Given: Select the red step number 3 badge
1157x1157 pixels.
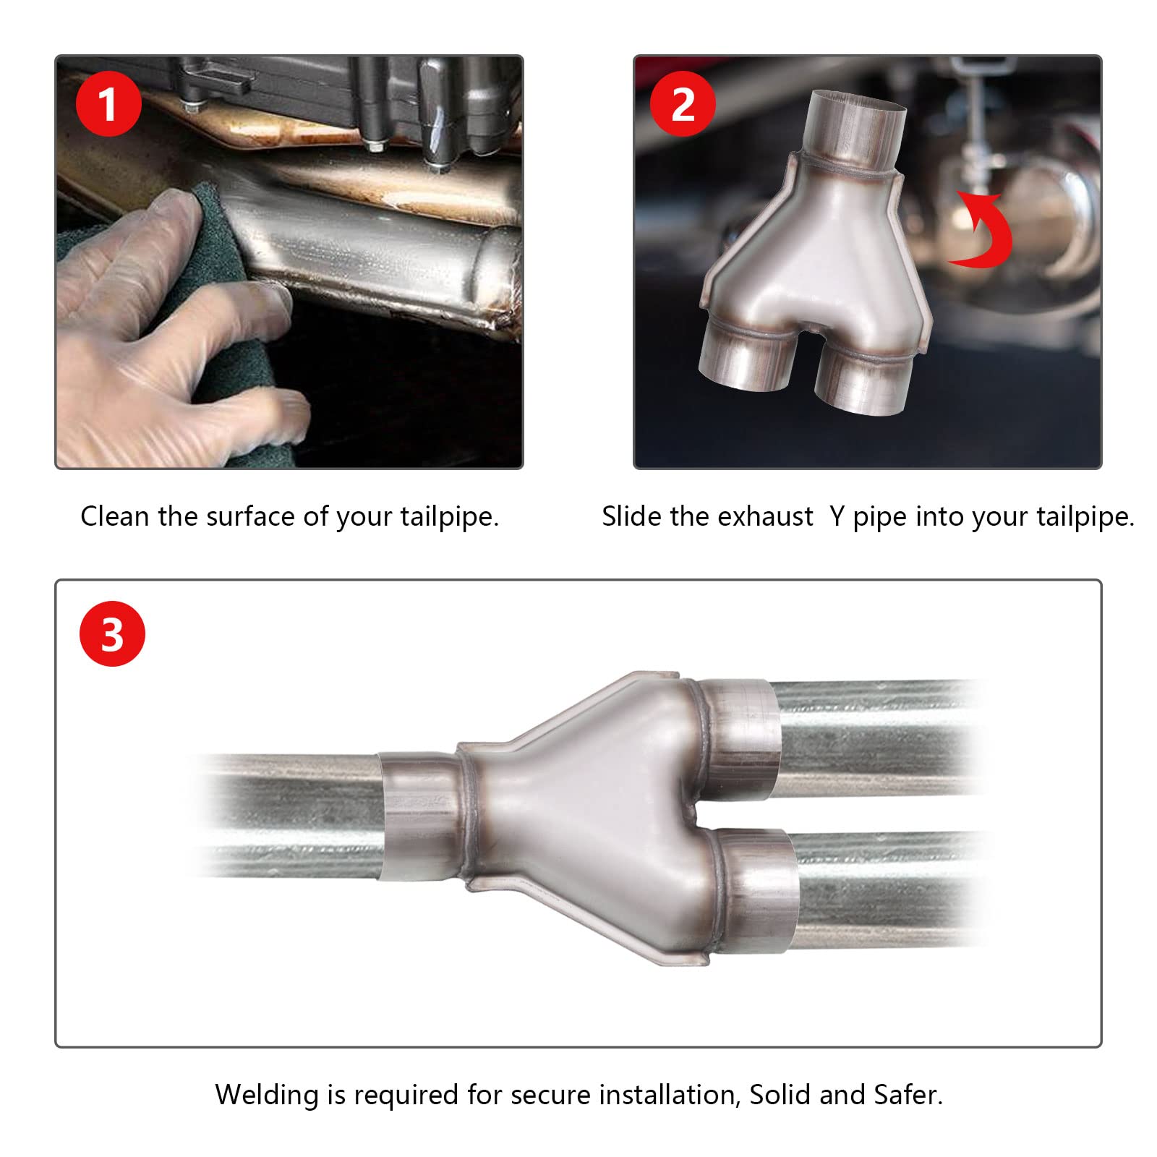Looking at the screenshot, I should click(x=112, y=633).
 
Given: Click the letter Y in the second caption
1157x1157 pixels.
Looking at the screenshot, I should click(x=837, y=516).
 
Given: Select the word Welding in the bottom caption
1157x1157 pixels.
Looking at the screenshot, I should click(x=267, y=1095).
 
